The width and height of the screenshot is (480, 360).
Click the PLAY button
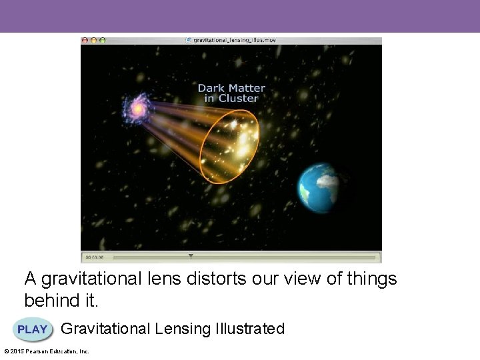coord(33,329)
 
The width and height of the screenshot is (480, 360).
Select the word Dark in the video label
coord(211,88)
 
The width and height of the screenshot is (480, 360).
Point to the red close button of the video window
coord(85,40)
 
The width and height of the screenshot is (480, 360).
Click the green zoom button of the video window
coord(102,40)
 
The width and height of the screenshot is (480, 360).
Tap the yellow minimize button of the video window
coord(93,40)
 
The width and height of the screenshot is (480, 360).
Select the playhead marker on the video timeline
coord(191,256)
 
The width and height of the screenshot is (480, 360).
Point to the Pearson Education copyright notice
coord(47,351)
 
